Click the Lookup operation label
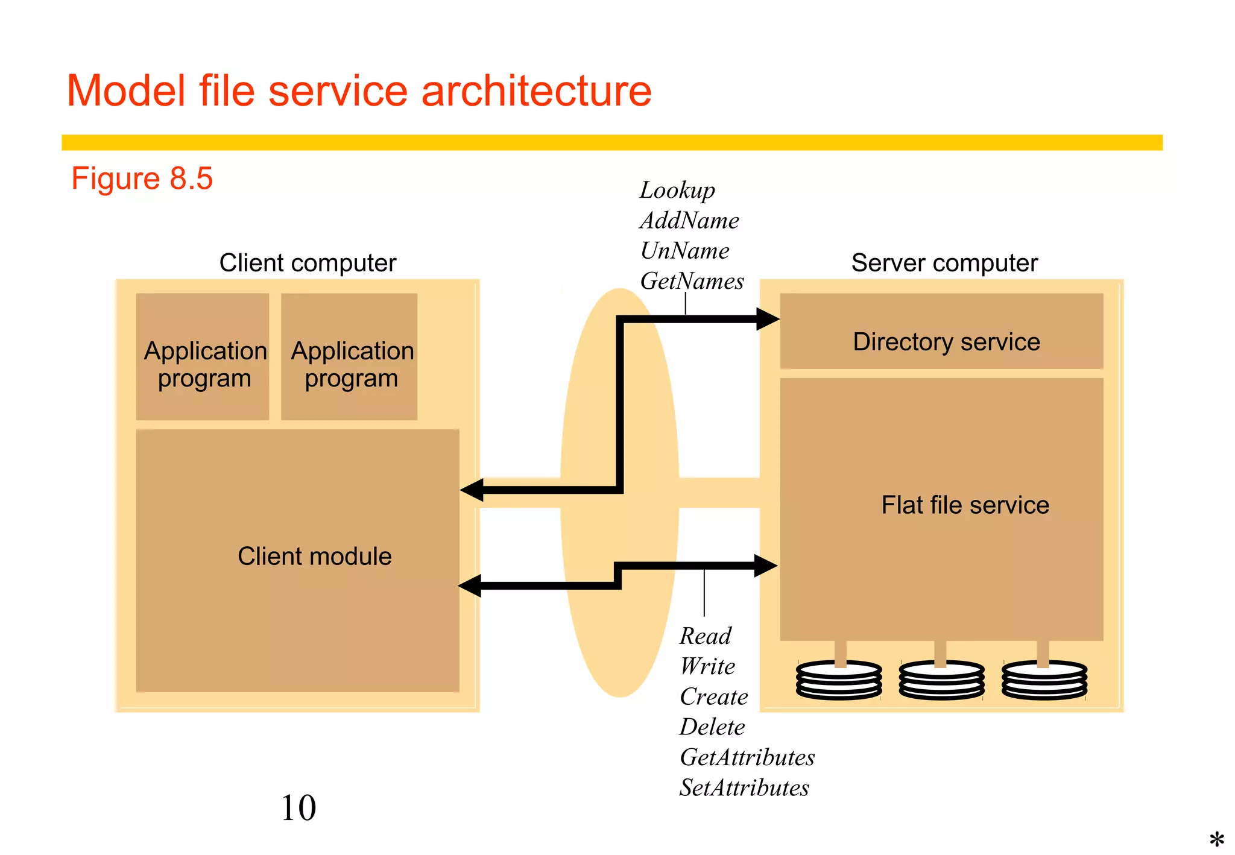pyautogui.click(x=677, y=191)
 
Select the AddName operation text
pyautogui.click(x=689, y=221)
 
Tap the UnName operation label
pyautogui.click(x=684, y=251)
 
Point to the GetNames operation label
pyautogui.click(x=692, y=281)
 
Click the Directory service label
pyautogui.click(x=946, y=342)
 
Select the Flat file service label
pyautogui.click(x=965, y=505)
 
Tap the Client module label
pyautogui.click(x=314, y=556)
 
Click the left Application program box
pyautogui.click(x=203, y=357)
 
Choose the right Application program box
pyautogui.click(x=349, y=357)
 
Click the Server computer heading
pyautogui.click(x=944, y=263)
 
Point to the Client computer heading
pyautogui.click(x=308, y=263)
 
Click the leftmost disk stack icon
pyautogui.click(x=838, y=680)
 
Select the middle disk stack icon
pyautogui.click(x=941, y=680)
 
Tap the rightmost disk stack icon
pyautogui.click(x=1044, y=680)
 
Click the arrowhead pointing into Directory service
pyautogui.click(x=767, y=319)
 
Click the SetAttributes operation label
pyautogui.click(x=744, y=788)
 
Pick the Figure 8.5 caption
pyautogui.click(x=142, y=178)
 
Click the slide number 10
pyautogui.click(x=298, y=808)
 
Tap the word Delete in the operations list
pyautogui.click(x=712, y=727)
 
